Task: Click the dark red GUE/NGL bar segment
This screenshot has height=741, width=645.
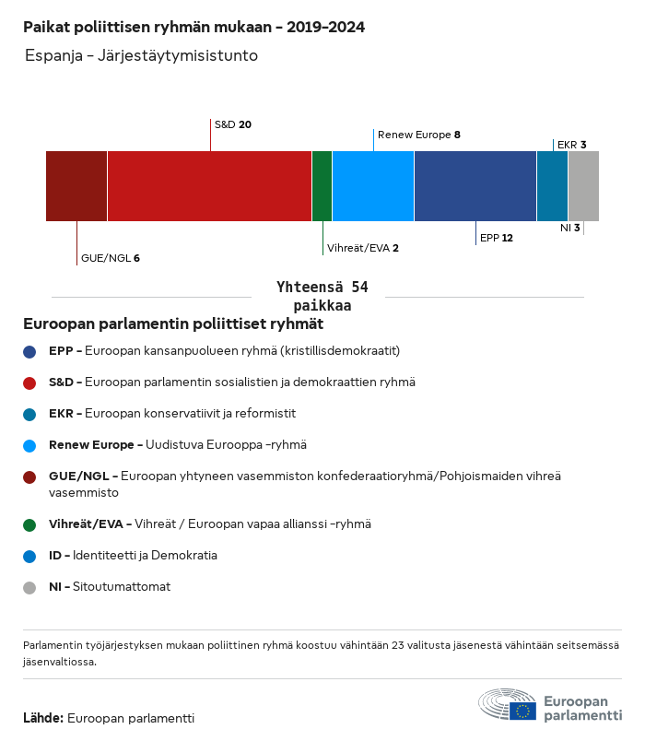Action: click(x=76, y=186)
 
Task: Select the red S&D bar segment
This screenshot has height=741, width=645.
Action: click(x=209, y=186)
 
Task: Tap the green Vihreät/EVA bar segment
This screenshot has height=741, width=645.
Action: click(x=322, y=186)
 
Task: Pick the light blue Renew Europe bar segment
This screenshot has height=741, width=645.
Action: click(x=373, y=186)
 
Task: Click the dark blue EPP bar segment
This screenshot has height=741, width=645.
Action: click(x=475, y=186)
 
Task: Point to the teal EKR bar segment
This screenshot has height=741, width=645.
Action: click(x=552, y=186)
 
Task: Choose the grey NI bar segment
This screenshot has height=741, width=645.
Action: click(x=583, y=186)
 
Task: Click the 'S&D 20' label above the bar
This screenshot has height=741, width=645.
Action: click(x=233, y=124)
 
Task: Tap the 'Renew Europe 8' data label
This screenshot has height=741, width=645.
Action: click(x=418, y=135)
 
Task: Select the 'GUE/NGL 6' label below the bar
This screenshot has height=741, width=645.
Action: click(x=111, y=258)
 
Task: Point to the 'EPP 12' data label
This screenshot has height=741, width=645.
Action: click(x=497, y=238)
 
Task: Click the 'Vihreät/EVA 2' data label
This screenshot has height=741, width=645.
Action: click(x=363, y=248)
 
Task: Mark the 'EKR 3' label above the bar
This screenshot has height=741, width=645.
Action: click(x=572, y=145)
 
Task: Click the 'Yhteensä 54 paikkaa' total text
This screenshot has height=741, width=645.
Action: click(x=322, y=297)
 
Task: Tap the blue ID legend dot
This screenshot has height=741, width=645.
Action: click(x=30, y=556)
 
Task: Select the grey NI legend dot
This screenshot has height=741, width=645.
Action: click(x=30, y=587)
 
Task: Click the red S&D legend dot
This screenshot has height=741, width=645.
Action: click(x=30, y=382)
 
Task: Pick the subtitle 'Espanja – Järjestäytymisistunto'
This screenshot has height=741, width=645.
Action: click(x=141, y=56)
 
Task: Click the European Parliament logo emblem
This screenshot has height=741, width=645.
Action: click(x=507, y=705)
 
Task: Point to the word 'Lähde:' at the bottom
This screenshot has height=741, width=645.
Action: click(x=43, y=718)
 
